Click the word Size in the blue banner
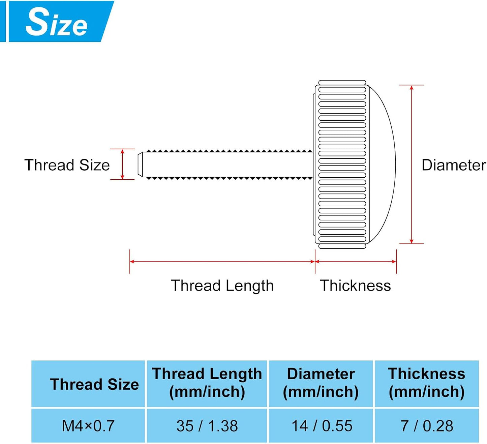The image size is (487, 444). pyautogui.click(x=56, y=22)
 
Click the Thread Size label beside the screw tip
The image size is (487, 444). pyautogui.click(x=67, y=165)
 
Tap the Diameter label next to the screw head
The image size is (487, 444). pyautogui.click(x=454, y=165)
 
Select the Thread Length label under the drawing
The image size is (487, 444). pyautogui.click(x=222, y=286)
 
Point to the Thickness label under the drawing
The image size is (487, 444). pyautogui.click(x=356, y=286)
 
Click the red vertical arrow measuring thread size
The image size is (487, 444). pyautogui.click(x=122, y=164)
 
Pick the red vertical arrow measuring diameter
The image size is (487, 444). pyautogui.click(x=412, y=165)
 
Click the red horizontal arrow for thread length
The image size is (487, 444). pyautogui.click(x=222, y=262)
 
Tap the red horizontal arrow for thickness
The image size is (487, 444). pyautogui.click(x=356, y=262)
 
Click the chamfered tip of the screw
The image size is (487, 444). pyautogui.click(x=140, y=164)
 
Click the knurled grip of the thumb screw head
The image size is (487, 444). pyautogui.click(x=342, y=165)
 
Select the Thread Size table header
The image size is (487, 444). pyautogui.click(x=94, y=384)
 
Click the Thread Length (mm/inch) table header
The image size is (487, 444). pyautogui.click(x=207, y=383)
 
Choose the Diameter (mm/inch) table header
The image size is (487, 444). pyautogui.click(x=321, y=383)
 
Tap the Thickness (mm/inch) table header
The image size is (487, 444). pyautogui.click(x=427, y=383)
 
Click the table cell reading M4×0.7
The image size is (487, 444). pyautogui.click(x=88, y=426)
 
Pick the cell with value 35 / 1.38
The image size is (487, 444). pyautogui.click(x=207, y=426)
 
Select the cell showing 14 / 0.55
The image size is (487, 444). pyautogui.click(x=321, y=426)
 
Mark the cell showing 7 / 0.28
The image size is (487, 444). pyautogui.click(x=427, y=426)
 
